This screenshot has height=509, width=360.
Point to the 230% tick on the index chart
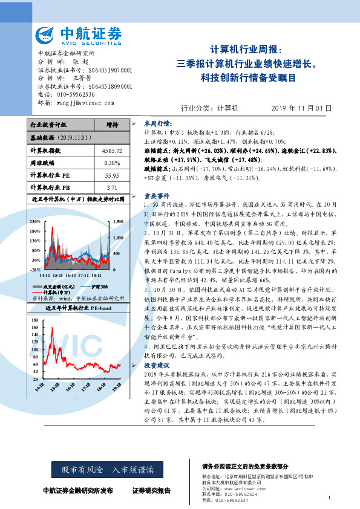point(35,221)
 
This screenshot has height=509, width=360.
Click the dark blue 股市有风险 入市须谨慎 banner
point(103,469)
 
